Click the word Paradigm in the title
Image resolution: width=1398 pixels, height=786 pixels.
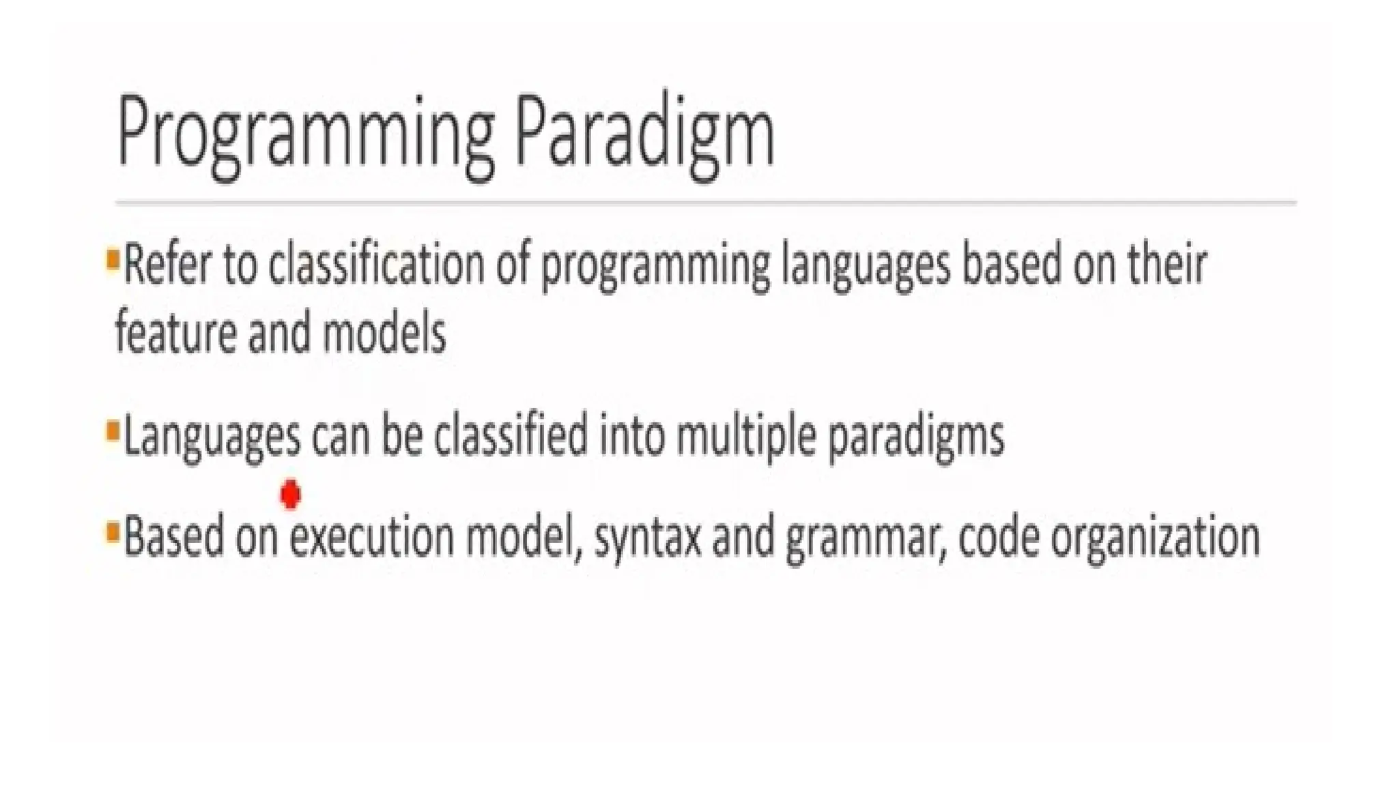tap(644, 133)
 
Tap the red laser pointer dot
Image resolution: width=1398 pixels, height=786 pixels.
tap(291, 494)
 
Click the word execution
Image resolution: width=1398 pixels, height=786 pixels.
tap(372, 537)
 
